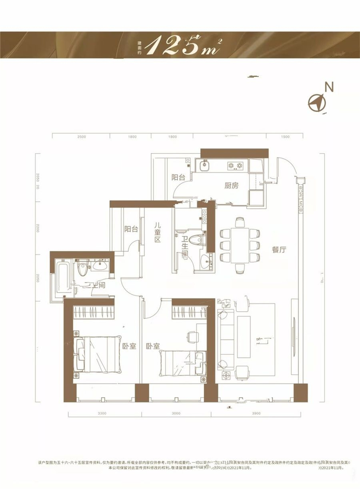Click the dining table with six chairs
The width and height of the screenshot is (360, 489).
239,246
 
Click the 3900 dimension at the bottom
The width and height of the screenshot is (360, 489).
256,413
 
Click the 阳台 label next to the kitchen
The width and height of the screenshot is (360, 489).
178,177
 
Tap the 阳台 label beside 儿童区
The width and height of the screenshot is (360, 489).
131,229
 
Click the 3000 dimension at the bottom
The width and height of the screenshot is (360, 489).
176,413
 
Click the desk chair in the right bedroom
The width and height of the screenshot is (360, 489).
192,336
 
